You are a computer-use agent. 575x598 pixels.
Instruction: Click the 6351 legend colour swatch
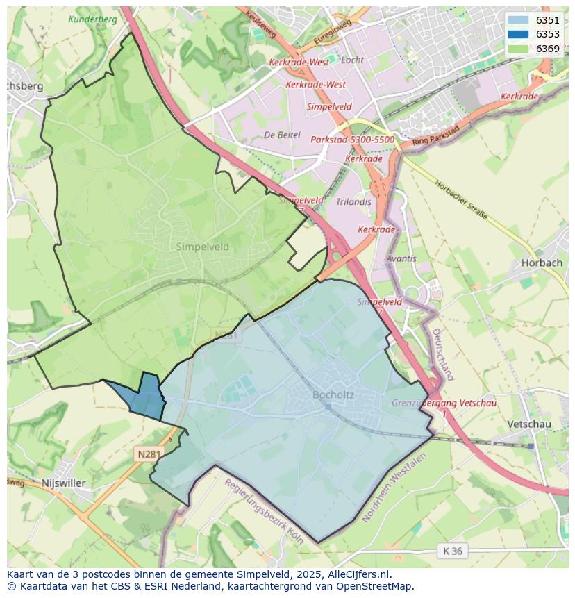coord(517,20)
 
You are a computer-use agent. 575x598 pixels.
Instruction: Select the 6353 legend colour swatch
coord(517,34)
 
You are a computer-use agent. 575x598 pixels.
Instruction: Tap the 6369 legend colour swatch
coord(517,49)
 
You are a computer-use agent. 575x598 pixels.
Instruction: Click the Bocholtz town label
coord(333,395)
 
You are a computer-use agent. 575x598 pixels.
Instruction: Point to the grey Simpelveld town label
coord(202,247)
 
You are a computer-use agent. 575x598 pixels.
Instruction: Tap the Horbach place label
coord(541,263)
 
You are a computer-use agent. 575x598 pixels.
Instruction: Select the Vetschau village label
coord(528,424)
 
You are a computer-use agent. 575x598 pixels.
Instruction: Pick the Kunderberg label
coord(92,19)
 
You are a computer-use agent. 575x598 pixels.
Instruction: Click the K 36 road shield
coord(452,551)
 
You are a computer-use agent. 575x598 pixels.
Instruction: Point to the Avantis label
coord(401,258)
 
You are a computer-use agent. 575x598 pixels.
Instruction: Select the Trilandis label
coord(353,202)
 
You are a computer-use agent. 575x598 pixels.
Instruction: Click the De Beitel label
coord(283,135)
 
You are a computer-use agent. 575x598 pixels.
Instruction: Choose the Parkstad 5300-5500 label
coord(352,140)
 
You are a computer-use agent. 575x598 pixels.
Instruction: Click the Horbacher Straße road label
coord(461,201)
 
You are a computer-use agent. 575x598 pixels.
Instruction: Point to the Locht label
coord(353,60)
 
